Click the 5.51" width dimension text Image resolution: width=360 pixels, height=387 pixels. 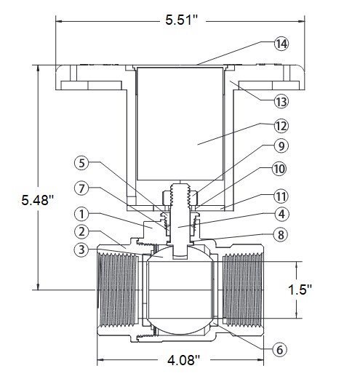(182, 20)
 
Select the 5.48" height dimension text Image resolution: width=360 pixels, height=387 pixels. (38, 199)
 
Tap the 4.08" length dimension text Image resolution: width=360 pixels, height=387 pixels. (183, 360)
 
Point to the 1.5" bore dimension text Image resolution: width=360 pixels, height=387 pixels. (300, 290)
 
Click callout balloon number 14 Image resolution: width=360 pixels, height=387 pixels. (281, 44)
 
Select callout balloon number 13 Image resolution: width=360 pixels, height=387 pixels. (281, 101)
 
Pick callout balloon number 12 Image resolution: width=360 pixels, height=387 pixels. (281, 126)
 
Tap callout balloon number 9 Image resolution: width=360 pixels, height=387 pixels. (281, 146)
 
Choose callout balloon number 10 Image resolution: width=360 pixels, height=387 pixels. (279, 169)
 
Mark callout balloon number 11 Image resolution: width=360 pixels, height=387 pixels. (281, 196)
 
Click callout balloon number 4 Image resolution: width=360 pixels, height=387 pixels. (281, 214)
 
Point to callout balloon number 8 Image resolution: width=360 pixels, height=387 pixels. (281, 235)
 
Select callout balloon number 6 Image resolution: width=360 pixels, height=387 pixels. (279, 349)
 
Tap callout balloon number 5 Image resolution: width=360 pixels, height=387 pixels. (81, 163)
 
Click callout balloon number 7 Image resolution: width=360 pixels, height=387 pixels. (81, 188)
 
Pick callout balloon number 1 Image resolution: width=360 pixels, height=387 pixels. (81, 214)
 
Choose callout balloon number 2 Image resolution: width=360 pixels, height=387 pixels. (81, 231)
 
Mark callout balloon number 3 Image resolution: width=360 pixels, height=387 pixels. (81, 250)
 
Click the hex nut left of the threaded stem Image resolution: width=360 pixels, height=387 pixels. (166, 198)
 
